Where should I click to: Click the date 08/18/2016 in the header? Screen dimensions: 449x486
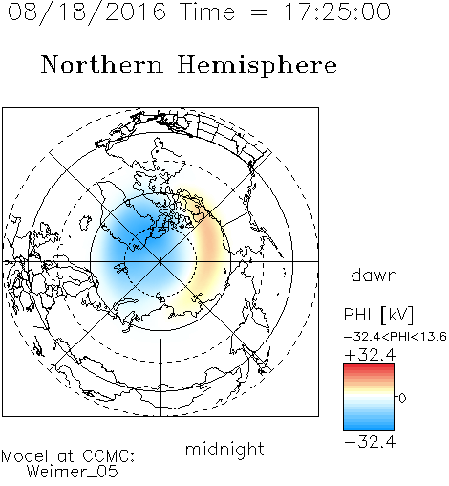pyautogui.click(x=87, y=12)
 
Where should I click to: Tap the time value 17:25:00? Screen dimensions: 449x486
pyautogui.click(x=337, y=11)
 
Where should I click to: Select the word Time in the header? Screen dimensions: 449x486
pyautogui.click(x=207, y=11)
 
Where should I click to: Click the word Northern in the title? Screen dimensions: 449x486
pyautogui.click(x=102, y=64)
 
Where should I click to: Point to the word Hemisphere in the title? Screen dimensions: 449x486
pyautogui.click(x=257, y=66)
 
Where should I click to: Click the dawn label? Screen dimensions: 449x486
pyautogui.click(x=374, y=275)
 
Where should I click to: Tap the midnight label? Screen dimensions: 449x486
pyautogui.click(x=224, y=449)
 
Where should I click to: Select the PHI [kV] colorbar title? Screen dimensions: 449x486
pyautogui.click(x=378, y=315)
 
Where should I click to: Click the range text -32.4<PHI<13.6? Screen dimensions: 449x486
pyautogui.click(x=396, y=337)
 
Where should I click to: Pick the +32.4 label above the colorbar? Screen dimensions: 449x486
pyautogui.click(x=370, y=355)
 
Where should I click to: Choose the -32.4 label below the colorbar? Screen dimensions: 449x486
pyautogui.click(x=370, y=442)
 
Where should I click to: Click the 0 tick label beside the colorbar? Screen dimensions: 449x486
pyautogui.click(x=402, y=398)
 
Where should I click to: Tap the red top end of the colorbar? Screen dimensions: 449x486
pyautogui.click(x=369, y=366)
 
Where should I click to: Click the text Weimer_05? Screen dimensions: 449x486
pyautogui.click(x=73, y=472)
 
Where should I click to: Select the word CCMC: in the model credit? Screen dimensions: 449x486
pyautogui.click(x=109, y=456)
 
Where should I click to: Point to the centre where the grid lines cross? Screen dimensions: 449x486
pyautogui.click(x=160, y=261)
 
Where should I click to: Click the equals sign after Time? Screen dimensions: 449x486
pyautogui.click(x=259, y=12)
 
